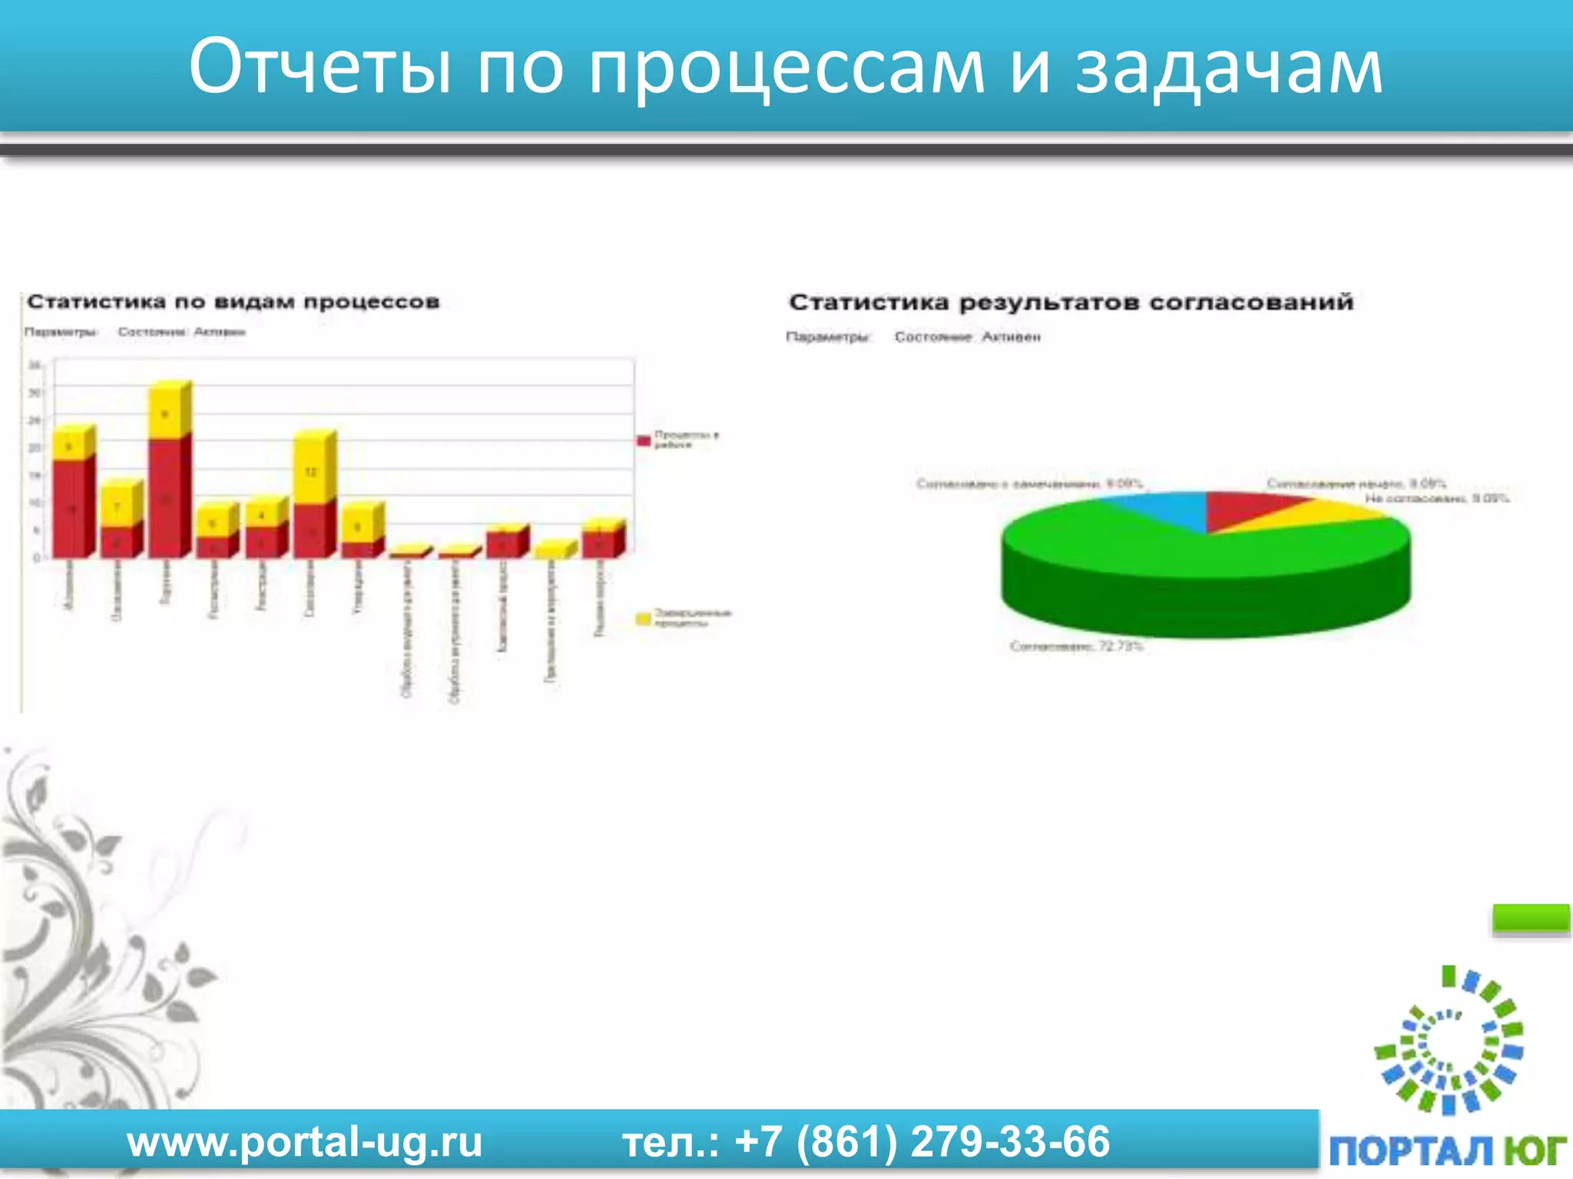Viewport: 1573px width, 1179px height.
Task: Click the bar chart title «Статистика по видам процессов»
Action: point(233,302)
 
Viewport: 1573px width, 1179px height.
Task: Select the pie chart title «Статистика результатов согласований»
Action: point(1071,302)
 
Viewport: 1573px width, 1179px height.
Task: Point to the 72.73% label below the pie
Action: point(1076,646)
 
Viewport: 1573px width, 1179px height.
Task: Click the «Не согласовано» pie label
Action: point(1436,499)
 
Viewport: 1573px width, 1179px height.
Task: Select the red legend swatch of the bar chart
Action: point(644,441)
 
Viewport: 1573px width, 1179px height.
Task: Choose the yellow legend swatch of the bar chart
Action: point(644,619)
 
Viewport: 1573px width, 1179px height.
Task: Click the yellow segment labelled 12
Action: point(310,470)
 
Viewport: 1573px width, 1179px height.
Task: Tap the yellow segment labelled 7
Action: point(118,507)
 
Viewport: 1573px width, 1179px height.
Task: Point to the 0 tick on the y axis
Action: point(35,558)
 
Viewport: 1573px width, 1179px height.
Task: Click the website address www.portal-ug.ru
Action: point(304,1141)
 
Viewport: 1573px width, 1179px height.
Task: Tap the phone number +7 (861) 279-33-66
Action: point(922,1141)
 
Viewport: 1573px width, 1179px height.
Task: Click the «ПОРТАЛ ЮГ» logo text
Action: point(1447,1151)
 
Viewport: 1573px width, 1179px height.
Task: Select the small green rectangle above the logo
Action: point(1530,918)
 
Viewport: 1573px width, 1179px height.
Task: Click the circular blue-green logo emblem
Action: point(1449,1041)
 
